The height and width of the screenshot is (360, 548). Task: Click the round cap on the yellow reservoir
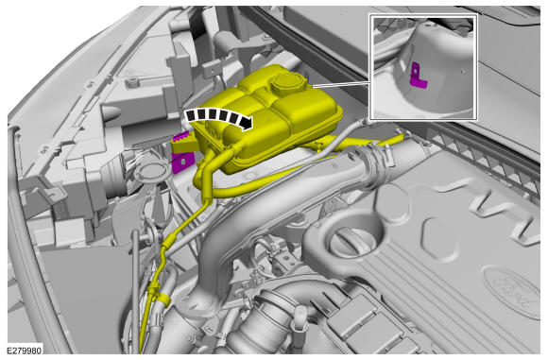(x=287, y=82)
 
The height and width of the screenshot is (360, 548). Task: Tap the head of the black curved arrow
(x=247, y=123)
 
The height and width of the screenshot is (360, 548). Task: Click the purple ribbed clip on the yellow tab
(x=182, y=136)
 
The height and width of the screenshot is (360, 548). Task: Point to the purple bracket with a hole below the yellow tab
(x=182, y=163)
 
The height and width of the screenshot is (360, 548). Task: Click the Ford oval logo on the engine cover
(x=513, y=291)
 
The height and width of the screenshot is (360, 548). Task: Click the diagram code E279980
(x=25, y=350)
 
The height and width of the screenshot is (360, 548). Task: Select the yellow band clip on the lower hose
(x=163, y=299)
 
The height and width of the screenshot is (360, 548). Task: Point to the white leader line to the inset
(x=341, y=83)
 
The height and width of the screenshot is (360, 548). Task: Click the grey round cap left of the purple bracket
(x=151, y=172)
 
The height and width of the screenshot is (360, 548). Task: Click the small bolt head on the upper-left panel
(x=131, y=83)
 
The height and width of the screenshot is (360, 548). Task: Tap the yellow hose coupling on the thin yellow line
(x=168, y=241)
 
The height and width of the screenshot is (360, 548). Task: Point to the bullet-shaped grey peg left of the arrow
(x=112, y=111)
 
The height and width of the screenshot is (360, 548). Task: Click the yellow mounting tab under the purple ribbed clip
(x=184, y=146)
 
